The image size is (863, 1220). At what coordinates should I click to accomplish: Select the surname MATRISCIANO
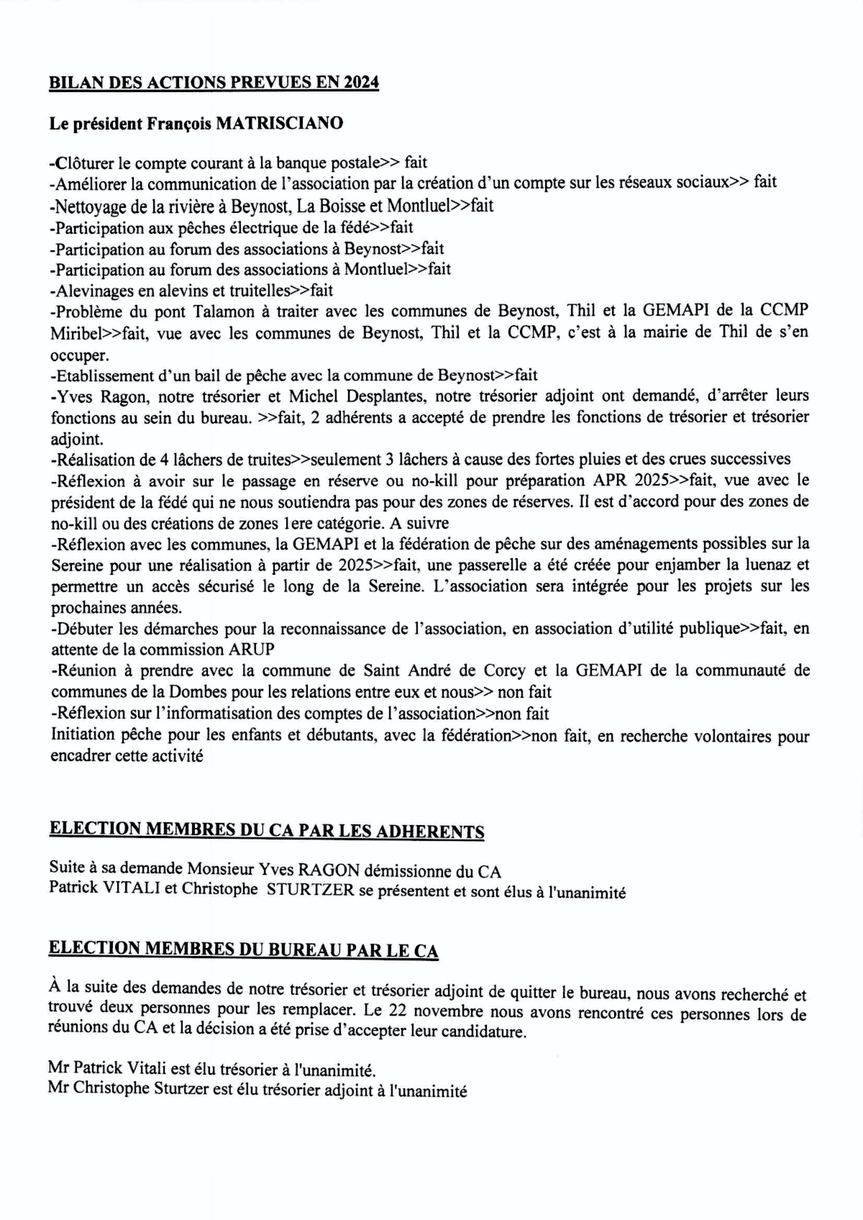[x=280, y=123]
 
